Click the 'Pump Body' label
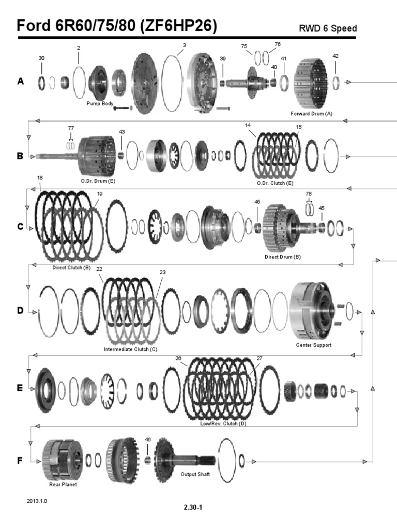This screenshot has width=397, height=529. pos(100,103)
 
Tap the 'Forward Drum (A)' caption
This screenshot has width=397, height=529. pos(312,113)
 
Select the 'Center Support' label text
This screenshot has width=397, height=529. pos(313,345)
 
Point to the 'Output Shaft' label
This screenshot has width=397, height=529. pos(195,474)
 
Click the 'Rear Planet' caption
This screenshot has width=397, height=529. pos(63,485)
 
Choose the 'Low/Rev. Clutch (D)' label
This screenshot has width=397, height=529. pos(223,423)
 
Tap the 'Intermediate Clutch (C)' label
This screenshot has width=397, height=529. pos(131,349)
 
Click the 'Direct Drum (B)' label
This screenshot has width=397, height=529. pos(282,257)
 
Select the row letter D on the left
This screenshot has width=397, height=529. pos(21,310)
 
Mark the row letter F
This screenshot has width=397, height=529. pos(21,460)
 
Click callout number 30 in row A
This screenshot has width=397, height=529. pos(41,58)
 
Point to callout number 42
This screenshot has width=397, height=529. pos(335,55)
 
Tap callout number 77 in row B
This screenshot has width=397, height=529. pos(71,127)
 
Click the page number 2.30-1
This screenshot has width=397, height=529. pos(193,507)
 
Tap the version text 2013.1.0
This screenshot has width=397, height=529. pos(37,501)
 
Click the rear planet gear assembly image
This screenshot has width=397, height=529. pos(62,459)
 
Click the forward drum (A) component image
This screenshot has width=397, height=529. pos(312,82)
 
